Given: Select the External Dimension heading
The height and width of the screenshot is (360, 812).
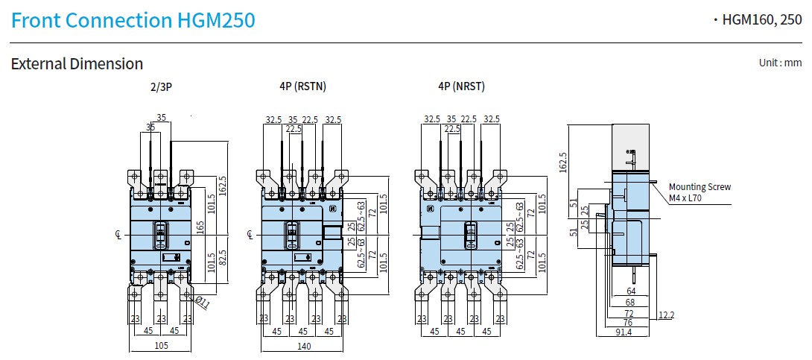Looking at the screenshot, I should pyautogui.click(x=77, y=64).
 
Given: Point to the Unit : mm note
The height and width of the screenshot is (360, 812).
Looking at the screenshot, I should pyautogui.click(x=780, y=63).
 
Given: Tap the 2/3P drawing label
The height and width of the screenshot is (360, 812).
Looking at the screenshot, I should pyautogui.click(x=161, y=86).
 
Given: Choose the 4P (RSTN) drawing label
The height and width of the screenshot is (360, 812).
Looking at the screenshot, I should pyautogui.click(x=302, y=86).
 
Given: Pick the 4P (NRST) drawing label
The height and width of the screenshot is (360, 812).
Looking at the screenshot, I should pyautogui.click(x=461, y=86).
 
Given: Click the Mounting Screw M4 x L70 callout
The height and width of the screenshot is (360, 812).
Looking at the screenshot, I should pyautogui.click(x=700, y=192).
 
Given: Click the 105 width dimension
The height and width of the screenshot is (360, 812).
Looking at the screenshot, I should pyautogui.click(x=161, y=345).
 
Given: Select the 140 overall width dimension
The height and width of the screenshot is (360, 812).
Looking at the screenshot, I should pyautogui.click(x=303, y=345).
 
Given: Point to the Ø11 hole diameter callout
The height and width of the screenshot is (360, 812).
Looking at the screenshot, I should pyautogui.click(x=200, y=301).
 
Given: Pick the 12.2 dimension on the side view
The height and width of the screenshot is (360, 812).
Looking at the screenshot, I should pyautogui.click(x=665, y=316).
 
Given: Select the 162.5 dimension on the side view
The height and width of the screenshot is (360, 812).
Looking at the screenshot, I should pyautogui.click(x=562, y=162).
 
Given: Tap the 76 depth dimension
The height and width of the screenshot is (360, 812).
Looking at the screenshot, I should pyautogui.click(x=628, y=323).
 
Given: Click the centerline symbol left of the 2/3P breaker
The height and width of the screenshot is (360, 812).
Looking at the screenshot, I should pyautogui.click(x=118, y=236).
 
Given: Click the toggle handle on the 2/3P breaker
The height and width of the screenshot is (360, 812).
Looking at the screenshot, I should pyautogui.click(x=161, y=235).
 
